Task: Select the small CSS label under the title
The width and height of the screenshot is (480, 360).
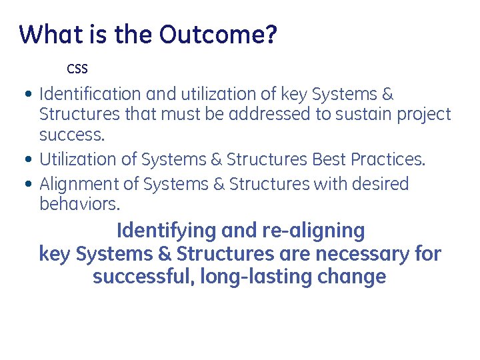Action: pyautogui.click(x=77, y=69)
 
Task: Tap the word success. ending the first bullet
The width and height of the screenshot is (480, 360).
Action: pyautogui.click(x=72, y=135)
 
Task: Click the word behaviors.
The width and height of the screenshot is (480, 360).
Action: pyautogui.click(x=80, y=203)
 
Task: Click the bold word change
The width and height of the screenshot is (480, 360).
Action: pyautogui.click(x=352, y=277)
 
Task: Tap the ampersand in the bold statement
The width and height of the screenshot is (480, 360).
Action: pyautogui.click(x=164, y=254)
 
